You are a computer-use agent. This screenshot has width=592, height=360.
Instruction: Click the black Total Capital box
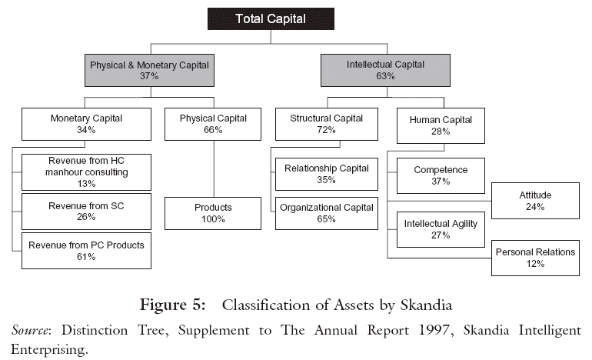tap(271, 18)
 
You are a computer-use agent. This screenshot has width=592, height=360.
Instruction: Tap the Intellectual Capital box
tap(385, 71)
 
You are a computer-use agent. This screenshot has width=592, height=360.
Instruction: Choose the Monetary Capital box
tap(86, 125)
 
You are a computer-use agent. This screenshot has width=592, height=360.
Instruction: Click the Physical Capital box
tap(213, 125)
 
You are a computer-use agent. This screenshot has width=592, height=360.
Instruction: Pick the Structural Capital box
tap(327, 125)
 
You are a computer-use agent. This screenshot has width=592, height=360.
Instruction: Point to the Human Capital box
tap(441, 125)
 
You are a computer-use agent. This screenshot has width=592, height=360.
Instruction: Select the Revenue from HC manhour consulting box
tap(86, 172)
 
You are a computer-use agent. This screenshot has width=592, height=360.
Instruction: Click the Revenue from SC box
tap(86, 211)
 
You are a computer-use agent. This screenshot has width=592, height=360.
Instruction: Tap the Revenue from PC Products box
tap(86, 250)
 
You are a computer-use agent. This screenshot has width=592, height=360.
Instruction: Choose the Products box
tap(213, 213)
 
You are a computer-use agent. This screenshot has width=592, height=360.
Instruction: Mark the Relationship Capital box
tap(327, 174)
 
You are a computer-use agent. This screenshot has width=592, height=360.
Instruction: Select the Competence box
tap(441, 175)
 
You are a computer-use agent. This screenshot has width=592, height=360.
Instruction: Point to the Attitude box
tap(535, 200)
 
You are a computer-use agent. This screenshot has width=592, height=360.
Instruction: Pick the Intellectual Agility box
tap(441, 229)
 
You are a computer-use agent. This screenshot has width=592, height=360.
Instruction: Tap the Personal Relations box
tap(535, 258)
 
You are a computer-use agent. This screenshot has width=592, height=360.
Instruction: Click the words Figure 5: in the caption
tap(172, 305)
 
